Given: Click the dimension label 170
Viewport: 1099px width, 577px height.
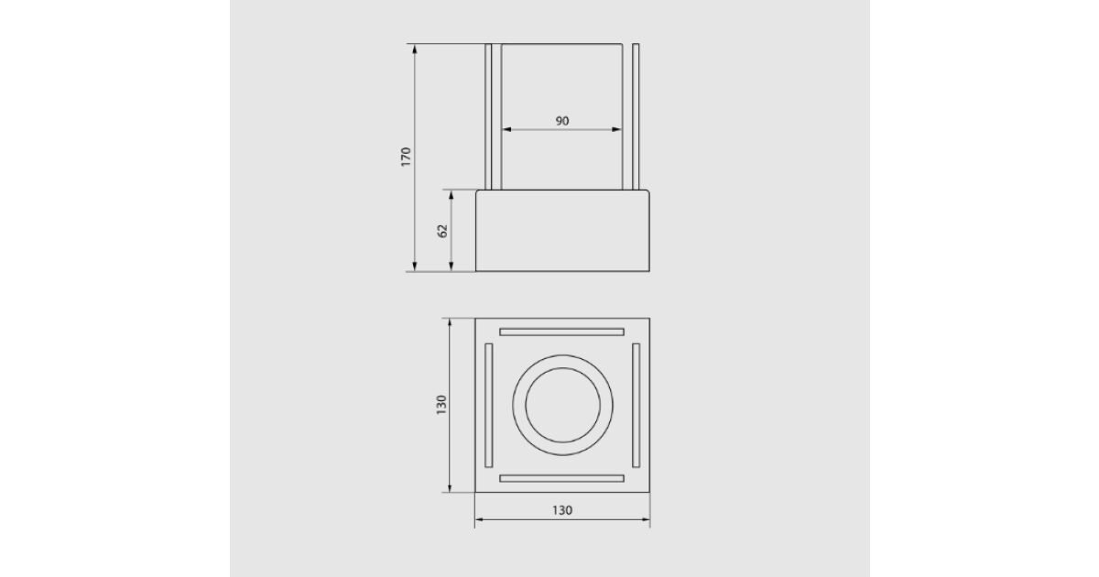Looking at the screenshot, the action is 406,157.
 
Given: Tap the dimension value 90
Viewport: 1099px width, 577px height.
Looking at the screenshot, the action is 562,121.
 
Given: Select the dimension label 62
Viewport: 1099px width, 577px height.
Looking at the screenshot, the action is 442,231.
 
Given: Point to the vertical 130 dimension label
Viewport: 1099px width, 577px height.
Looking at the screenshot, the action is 441,405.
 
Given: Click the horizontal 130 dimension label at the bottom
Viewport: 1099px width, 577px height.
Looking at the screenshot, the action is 562,510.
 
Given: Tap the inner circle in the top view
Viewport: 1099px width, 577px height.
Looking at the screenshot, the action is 562,368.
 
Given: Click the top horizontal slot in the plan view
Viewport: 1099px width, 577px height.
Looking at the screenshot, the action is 561,332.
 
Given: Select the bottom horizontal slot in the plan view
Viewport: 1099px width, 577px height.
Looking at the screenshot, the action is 561,478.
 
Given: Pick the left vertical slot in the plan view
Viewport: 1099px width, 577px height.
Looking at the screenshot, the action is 489,405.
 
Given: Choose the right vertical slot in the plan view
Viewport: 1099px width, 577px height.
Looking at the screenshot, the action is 636,405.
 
